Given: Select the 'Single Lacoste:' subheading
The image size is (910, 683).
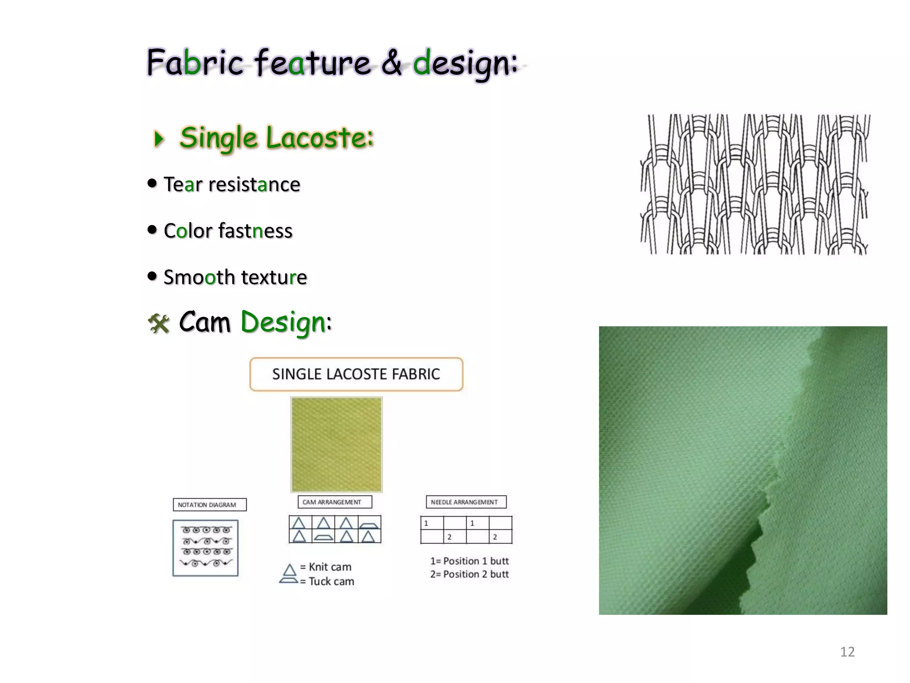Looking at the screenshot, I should click(276, 137).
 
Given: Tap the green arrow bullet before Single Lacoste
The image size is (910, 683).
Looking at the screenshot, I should click(159, 138).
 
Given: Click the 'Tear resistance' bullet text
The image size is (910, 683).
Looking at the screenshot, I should click(231, 185).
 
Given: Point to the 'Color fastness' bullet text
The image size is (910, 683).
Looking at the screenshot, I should click(228, 231).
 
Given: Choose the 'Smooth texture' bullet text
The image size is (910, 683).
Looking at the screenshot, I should click(235, 277).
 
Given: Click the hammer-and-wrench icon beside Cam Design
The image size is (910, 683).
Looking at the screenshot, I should click(159, 323).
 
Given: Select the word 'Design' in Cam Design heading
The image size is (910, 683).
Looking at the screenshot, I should click(283, 322).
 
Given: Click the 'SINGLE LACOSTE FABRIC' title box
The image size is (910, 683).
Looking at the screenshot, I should click(356, 374).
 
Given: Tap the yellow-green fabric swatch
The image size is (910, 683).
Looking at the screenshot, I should click(336, 444).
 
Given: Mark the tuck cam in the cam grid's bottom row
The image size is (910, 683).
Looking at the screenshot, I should click(323, 537).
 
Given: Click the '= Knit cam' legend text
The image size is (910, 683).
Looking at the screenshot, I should click(326, 567).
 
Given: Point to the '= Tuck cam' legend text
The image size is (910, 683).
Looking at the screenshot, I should click(327, 582).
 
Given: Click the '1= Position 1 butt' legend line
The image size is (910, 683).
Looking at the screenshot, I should click(469, 561).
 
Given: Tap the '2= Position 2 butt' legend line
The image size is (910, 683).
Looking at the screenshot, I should click(469, 575).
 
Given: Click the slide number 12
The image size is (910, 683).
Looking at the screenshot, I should click(847, 652).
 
